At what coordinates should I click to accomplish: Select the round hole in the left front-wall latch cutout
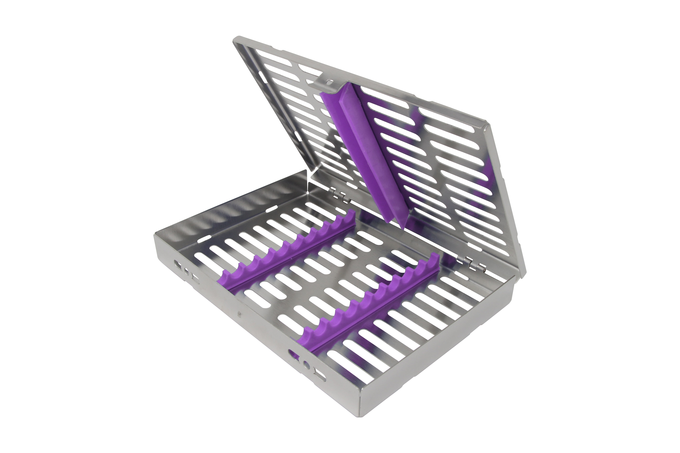187,272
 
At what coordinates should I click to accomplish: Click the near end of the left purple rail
223,282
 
